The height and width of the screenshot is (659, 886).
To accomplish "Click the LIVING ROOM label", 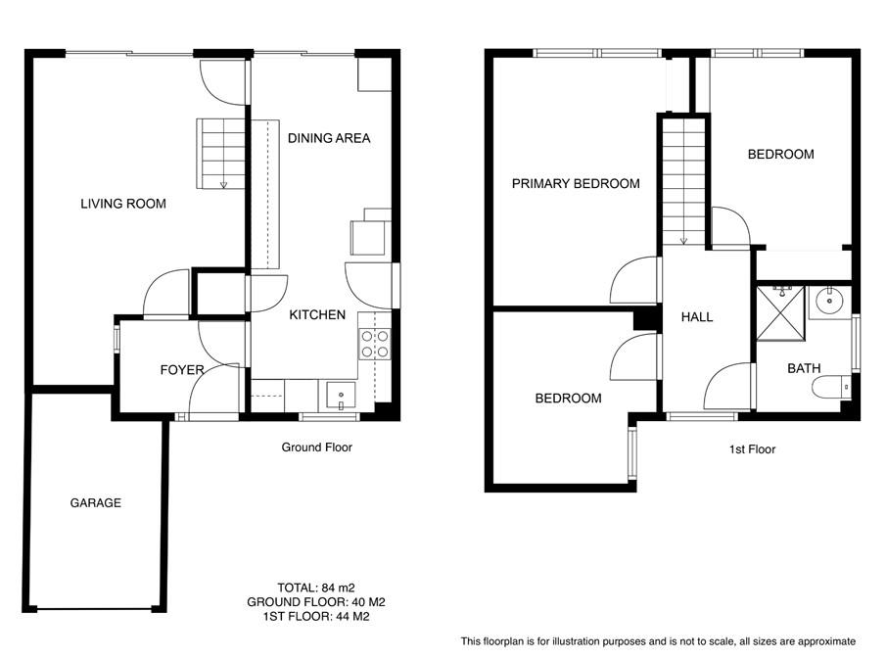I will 122,204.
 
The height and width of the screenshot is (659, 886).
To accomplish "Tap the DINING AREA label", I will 329,138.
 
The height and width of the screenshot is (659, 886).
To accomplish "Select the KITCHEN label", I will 317,315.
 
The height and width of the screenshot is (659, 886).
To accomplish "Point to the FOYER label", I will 182,370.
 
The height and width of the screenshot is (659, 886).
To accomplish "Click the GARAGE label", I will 95,502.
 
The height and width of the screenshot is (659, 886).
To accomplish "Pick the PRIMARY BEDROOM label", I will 575,183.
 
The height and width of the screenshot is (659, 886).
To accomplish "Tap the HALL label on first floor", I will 696,317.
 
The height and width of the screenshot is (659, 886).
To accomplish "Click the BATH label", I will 804,368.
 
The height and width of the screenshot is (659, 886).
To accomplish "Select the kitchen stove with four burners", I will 375,344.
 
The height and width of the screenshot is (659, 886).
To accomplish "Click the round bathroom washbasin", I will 830,300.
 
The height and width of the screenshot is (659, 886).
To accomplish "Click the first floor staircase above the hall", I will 683,181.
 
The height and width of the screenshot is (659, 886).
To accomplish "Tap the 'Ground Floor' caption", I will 316,447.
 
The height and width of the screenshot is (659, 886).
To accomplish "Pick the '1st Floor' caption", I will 752,449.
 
